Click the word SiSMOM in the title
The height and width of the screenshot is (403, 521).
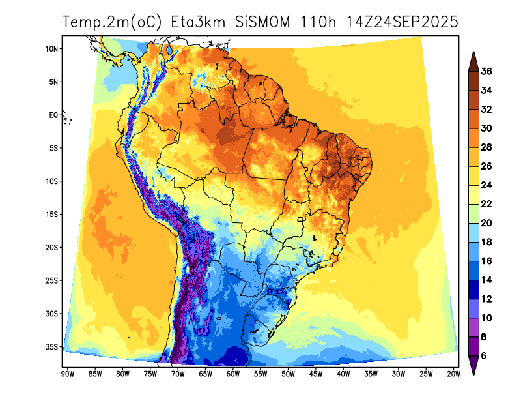click(x=262, y=22)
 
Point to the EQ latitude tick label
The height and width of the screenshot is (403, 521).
click(x=53, y=115)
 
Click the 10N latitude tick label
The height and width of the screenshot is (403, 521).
click(x=52, y=49)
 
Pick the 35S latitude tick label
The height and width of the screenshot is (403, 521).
click(x=52, y=347)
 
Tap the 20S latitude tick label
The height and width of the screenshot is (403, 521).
click(x=52, y=248)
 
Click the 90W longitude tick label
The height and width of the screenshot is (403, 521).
click(x=66, y=374)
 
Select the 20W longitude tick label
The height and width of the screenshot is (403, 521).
click(x=453, y=374)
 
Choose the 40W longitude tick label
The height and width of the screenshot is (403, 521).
click(x=343, y=374)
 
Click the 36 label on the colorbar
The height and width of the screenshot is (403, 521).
click(x=486, y=72)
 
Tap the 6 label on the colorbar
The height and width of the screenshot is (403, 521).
click(x=484, y=356)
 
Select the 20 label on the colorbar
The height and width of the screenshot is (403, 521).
click(x=486, y=223)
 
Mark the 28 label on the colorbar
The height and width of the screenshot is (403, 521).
click(x=486, y=147)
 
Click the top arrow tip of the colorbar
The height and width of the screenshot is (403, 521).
click(x=473, y=53)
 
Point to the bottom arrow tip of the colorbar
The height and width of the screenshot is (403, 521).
click(x=473, y=374)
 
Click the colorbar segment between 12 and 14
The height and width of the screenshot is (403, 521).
click(x=473, y=290)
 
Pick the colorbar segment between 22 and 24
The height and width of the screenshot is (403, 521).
click(x=473, y=195)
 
